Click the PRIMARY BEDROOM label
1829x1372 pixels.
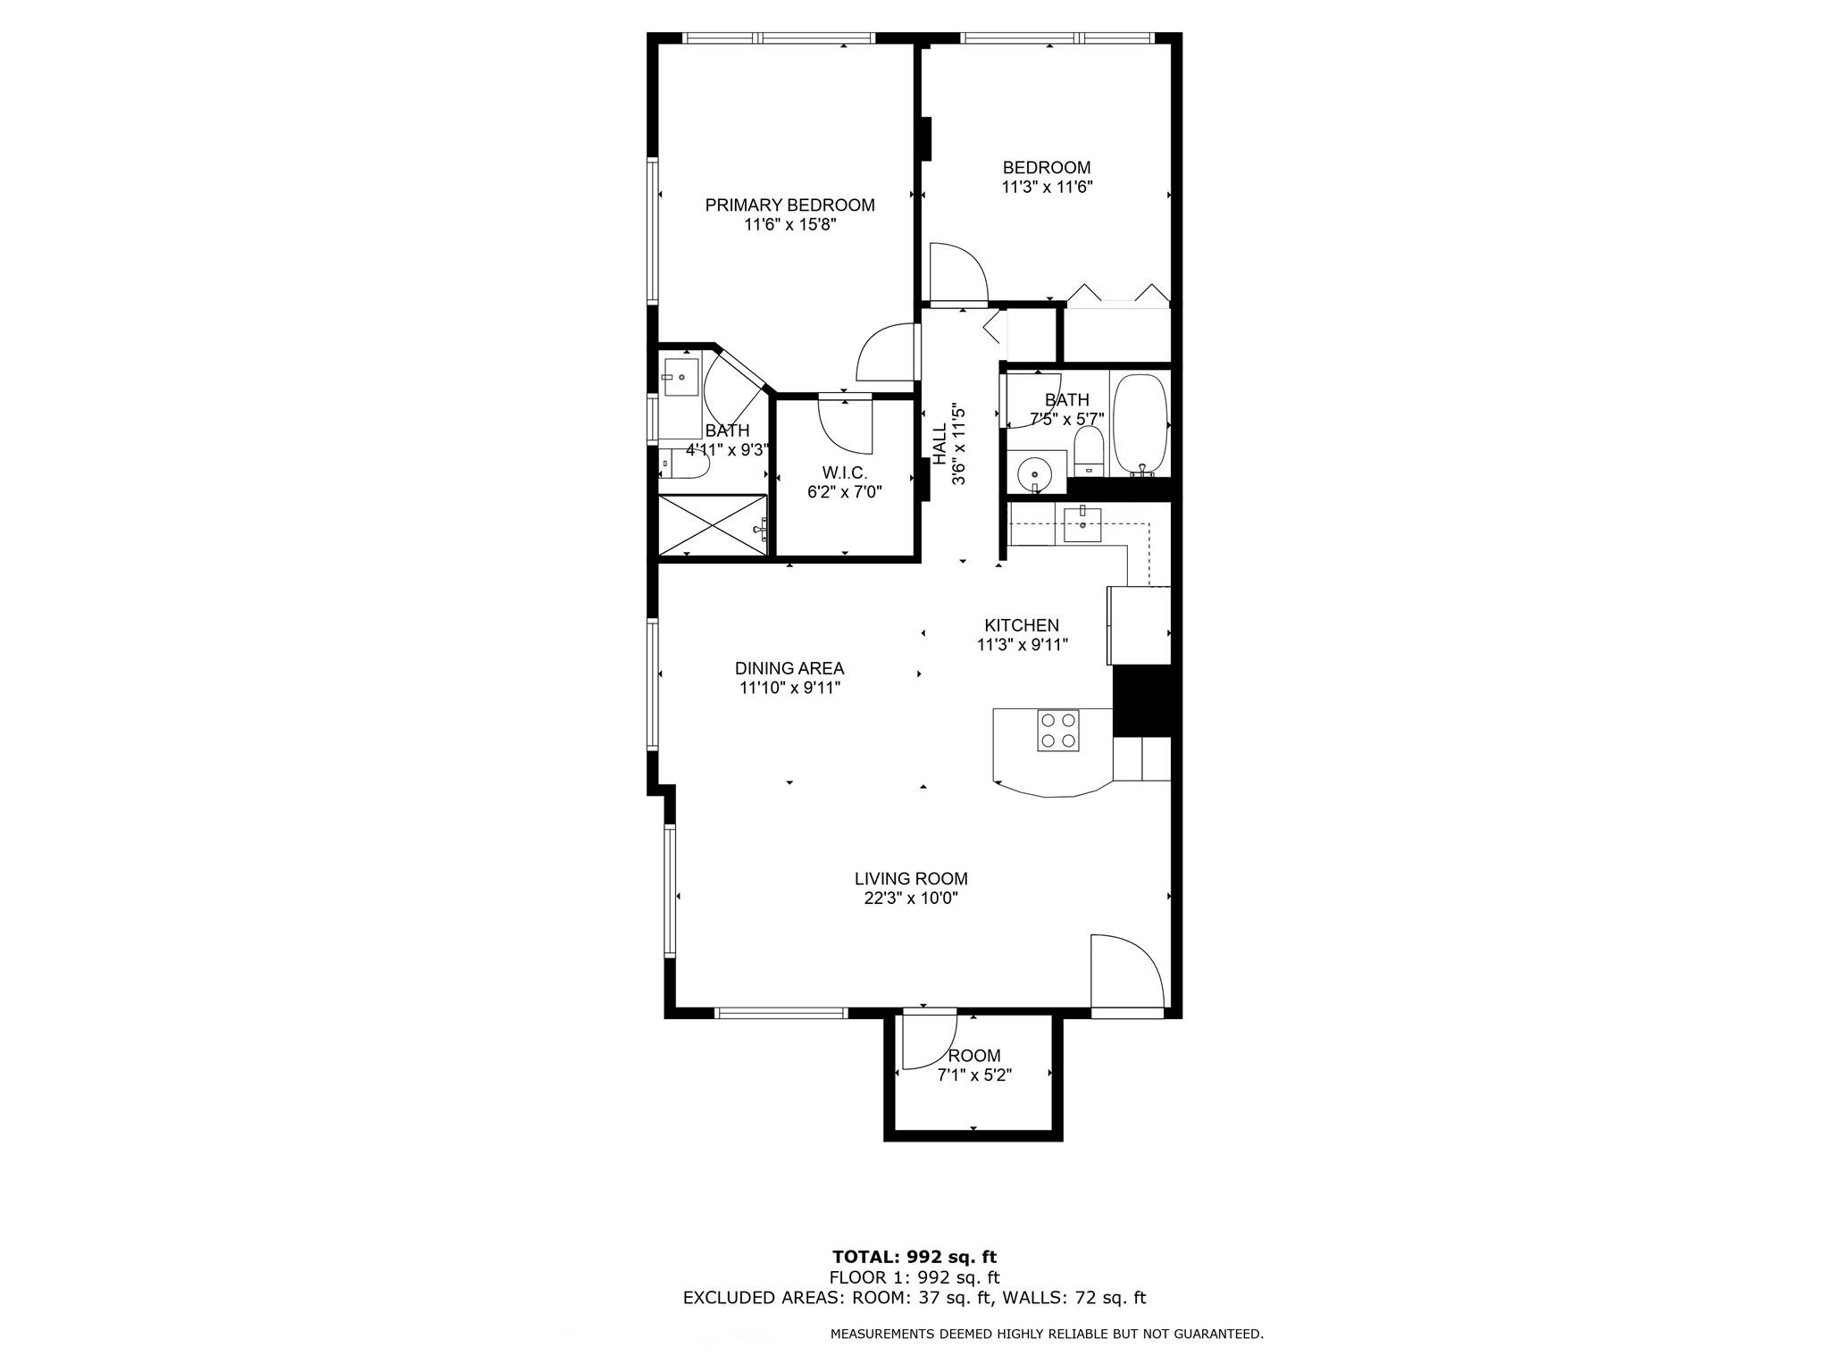pos(789,205)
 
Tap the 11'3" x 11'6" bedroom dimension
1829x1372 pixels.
pos(1047,188)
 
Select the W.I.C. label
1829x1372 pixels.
pos(844,473)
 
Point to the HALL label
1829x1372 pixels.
pos(940,444)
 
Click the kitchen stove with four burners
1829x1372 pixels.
pos(1058,730)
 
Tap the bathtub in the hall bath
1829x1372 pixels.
pos(1140,424)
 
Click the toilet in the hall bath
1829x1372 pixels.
pos(1089,450)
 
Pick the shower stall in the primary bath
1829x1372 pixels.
pos(713,526)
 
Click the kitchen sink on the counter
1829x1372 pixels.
pos(1082,523)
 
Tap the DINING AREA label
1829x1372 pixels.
pos(789,668)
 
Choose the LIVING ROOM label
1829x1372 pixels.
pos(911,879)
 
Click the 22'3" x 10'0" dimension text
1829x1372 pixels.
pos(911,899)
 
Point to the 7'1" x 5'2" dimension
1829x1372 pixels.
pos(974,1075)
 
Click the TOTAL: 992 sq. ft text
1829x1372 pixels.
pos(914,1258)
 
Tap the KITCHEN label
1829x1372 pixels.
pos(1022,625)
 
